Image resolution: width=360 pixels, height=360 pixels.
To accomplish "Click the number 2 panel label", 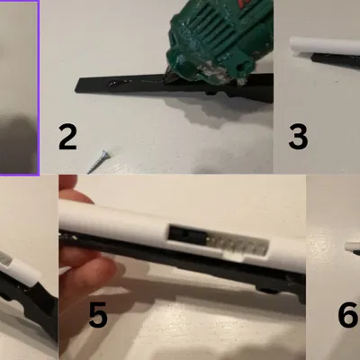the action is pos(67,137).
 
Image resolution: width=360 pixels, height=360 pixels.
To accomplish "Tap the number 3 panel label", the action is pos(298,137).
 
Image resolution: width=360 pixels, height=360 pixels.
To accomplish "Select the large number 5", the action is pos(98,315).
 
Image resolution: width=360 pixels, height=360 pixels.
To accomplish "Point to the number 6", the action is pos(348,315).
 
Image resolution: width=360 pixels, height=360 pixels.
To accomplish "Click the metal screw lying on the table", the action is pos(99,162).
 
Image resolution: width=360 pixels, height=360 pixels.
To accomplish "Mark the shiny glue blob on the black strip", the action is pos(120,82).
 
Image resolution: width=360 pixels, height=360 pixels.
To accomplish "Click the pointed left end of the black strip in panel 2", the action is pos(76,89).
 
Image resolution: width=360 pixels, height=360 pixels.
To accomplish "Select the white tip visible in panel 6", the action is pos(351,247).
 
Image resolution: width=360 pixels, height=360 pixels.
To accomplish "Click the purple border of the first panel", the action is pos(39,87).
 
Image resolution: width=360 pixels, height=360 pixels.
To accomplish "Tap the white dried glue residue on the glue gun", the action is pos(213,68).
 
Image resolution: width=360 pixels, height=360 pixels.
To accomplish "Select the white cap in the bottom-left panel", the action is pos(20,265).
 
